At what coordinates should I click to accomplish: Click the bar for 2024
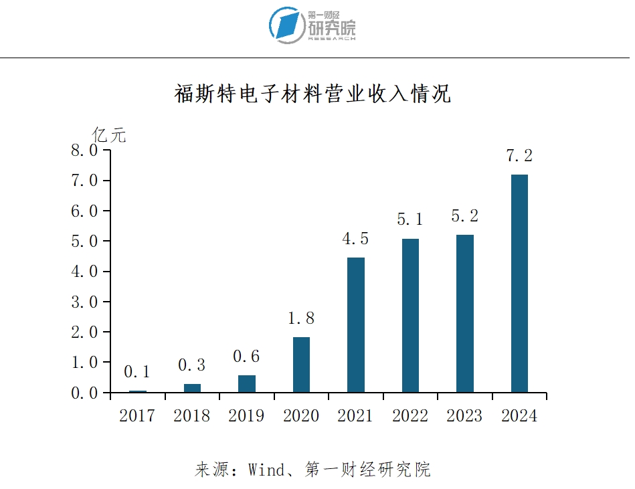(x=519, y=283)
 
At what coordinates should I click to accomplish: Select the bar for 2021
(x=355, y=324)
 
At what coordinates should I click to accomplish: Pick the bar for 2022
(x=410, y=315)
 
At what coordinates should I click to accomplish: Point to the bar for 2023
(x=465, y=313)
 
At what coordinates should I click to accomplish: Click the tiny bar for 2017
(x=137, y=391)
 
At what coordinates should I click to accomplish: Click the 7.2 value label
(x=519, y=157)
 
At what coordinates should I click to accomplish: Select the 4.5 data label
(x=355, y=239)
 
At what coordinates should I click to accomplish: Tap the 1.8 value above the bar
(x=301, y=318)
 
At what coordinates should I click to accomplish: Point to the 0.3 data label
(x=191, y=366)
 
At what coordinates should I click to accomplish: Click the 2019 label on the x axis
(x=246, y=416)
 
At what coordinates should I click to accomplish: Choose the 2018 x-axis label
(x=191, y=416)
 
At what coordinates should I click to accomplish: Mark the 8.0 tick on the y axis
(x=84, y=151)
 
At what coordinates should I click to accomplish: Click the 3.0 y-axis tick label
(x=84, y=302)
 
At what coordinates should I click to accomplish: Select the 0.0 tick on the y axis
(x=84, y=393)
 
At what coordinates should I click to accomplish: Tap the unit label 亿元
(x=110, y=134)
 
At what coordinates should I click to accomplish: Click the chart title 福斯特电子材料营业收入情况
(x=313, y=94)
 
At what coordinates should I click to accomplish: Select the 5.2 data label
(x=465, y=217)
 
